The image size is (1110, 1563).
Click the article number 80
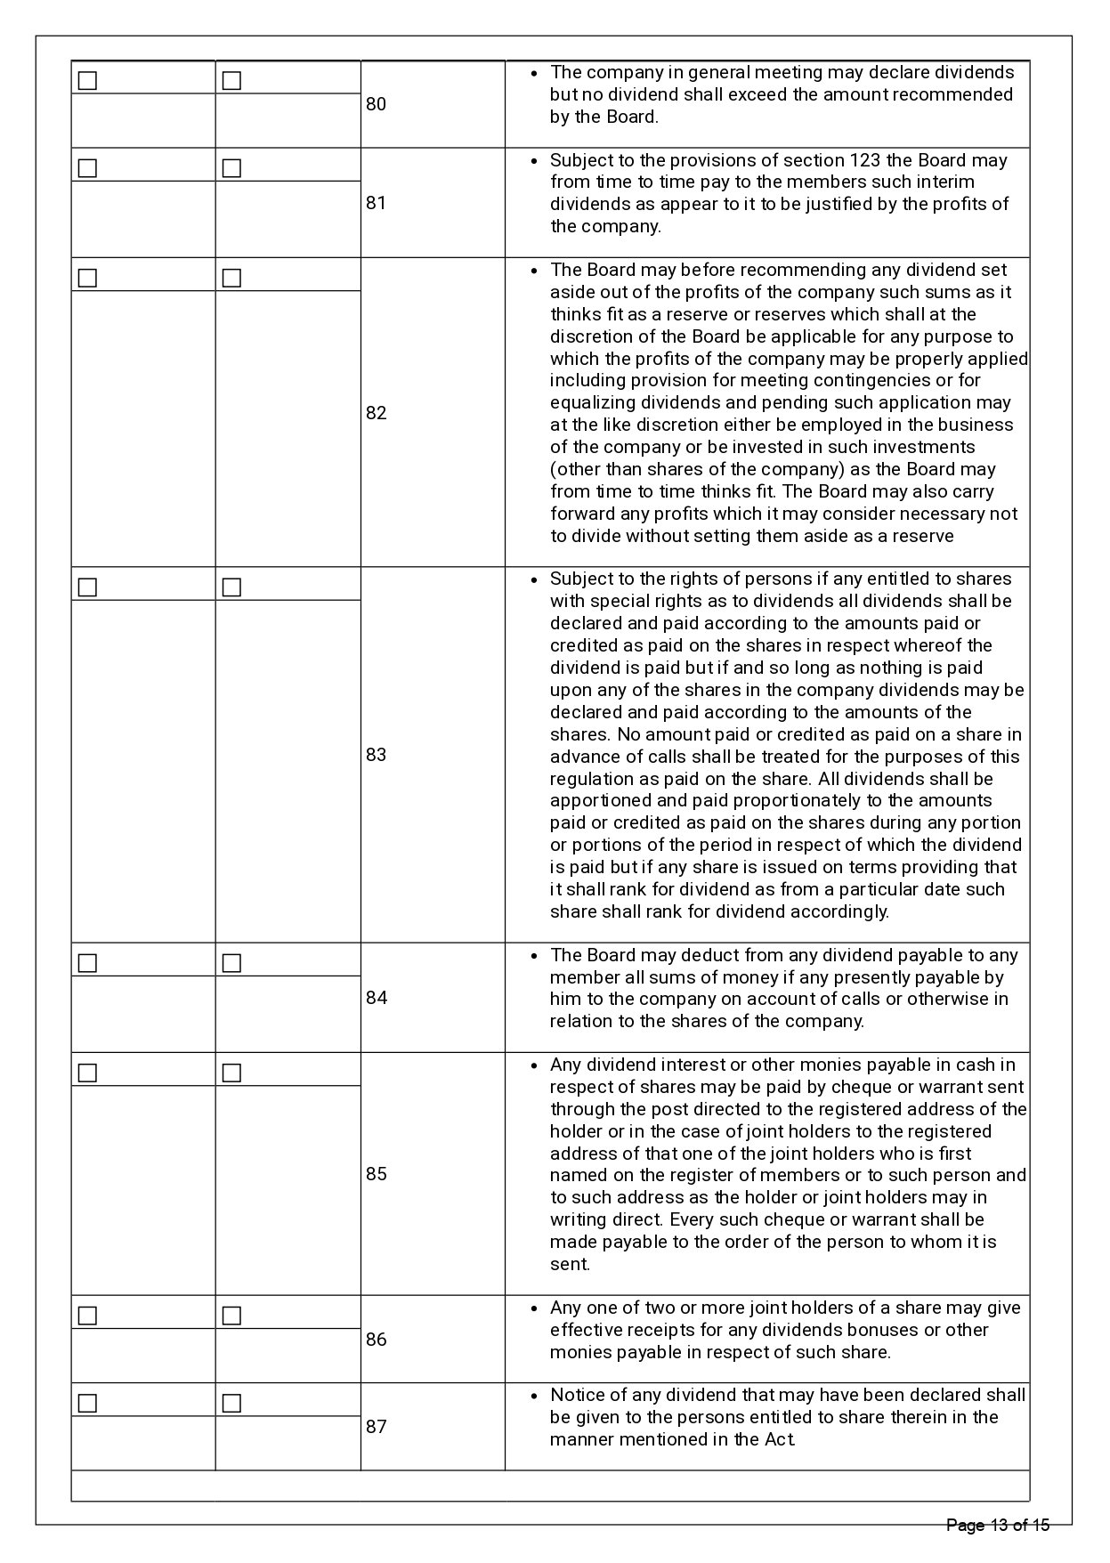[x=377, y=104]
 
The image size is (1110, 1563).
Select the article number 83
[x=377, y=755]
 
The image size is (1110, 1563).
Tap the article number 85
[x=377, y=1174]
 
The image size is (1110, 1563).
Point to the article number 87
[x=377, y=1427]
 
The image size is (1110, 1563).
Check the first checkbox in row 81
[x=87, y=168]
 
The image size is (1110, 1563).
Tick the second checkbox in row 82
[x=231, y=279]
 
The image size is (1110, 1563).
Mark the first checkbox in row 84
[x=87, y=963]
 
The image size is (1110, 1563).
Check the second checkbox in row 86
[x=231, y=1316]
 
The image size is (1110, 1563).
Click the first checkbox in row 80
[x=87, y=81]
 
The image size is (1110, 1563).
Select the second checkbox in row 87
[x=231, y=1404]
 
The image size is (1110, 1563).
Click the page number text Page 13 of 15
[x=998, y=1526]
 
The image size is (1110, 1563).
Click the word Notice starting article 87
[x=576, y=1395]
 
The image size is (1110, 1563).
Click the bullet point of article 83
[x=533, y=580]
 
